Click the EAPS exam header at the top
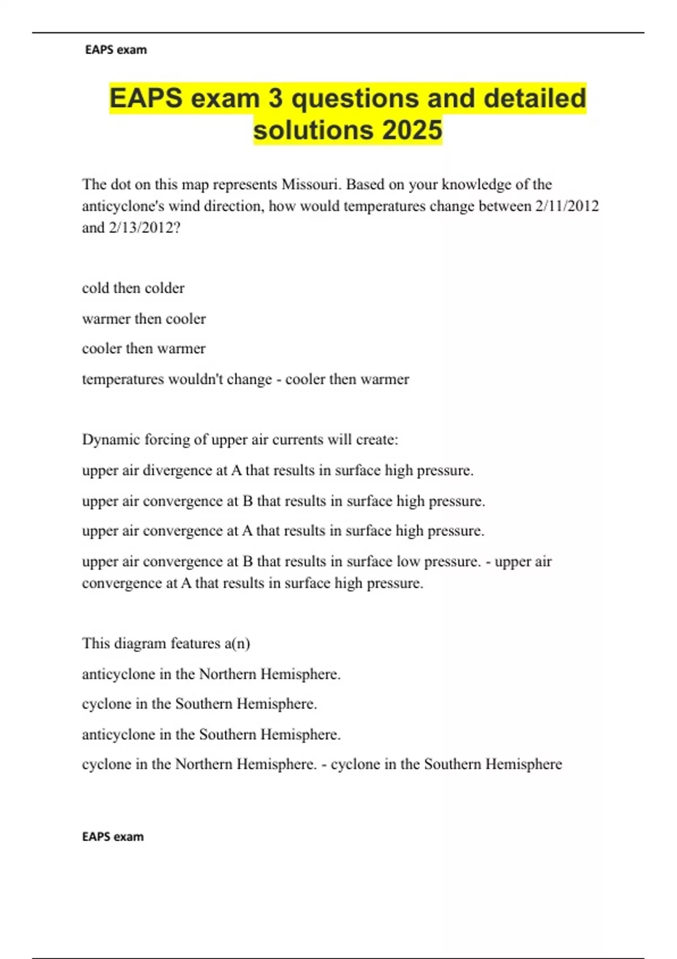116,50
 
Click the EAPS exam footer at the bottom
113,836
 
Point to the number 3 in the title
275,98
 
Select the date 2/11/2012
566,206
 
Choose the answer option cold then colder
133,288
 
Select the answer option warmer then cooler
144,319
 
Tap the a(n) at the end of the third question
237,644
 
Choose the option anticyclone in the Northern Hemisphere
211,674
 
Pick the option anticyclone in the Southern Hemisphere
211,734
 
